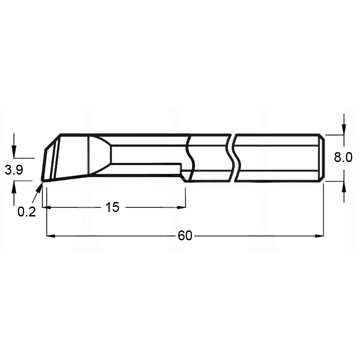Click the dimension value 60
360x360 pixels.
pyautogui.click(x=184, y=235)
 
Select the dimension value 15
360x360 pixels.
pyautogui.click(x=112, y=207)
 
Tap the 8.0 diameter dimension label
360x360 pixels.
pyautogui.click(x=343, y=157)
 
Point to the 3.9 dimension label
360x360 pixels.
pyautogui.click(x=13, y=170)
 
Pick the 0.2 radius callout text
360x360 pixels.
pyautogui.click(x=27, y=212)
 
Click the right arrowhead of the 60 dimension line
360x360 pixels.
pyautogui.click(x=319, y=235)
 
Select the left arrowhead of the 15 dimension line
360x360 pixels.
pyautogui.click(x=46, y=207)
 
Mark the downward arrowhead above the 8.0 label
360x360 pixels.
pyautogui.click(x=344, y=130)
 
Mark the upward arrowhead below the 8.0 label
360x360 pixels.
pyautogui.click(x=344, y=185)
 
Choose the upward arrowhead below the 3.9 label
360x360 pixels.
pyautogui.click(x=14, y=185)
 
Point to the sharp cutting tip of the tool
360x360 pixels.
pyautogui.click(x=42, y=181)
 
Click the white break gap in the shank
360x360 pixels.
pyautogui.click(x=233, y=157)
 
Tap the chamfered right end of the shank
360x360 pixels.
pyautogui.click(x=321, y=157)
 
